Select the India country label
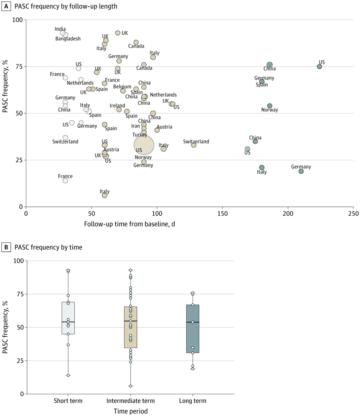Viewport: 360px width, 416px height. (60, 29)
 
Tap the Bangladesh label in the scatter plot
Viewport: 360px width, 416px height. (68, 39)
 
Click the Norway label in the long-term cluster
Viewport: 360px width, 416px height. (269, 110)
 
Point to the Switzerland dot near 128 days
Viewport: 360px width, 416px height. (194, 145)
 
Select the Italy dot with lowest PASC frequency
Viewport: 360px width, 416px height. (104, 196)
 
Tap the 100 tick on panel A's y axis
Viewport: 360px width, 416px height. (17, 20)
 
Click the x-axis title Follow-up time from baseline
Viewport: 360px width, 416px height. (129, 224)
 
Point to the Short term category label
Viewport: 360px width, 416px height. (68, 401)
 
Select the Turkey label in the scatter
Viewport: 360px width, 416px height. (139, 135)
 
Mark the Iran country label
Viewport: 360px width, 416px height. (136, 127)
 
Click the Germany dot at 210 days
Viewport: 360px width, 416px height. (301, 171)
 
